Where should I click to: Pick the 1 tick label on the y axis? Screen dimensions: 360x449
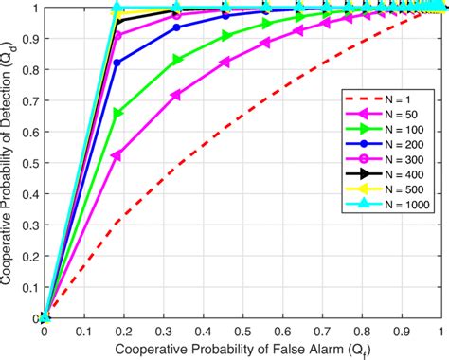coord(33,9)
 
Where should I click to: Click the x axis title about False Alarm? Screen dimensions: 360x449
coord(242,350)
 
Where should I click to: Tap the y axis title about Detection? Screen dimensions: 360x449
coord(9,163)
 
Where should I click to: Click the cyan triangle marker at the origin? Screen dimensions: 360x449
coord(45,318)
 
